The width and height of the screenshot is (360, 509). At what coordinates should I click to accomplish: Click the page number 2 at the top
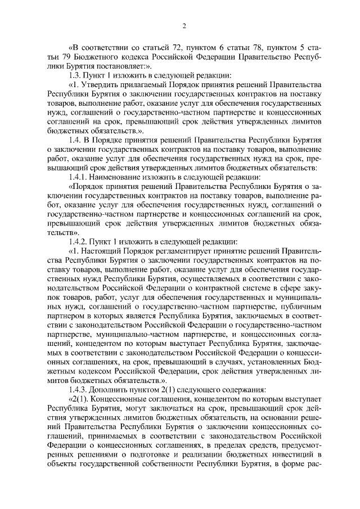pyautogui.click(x=184, y=26)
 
